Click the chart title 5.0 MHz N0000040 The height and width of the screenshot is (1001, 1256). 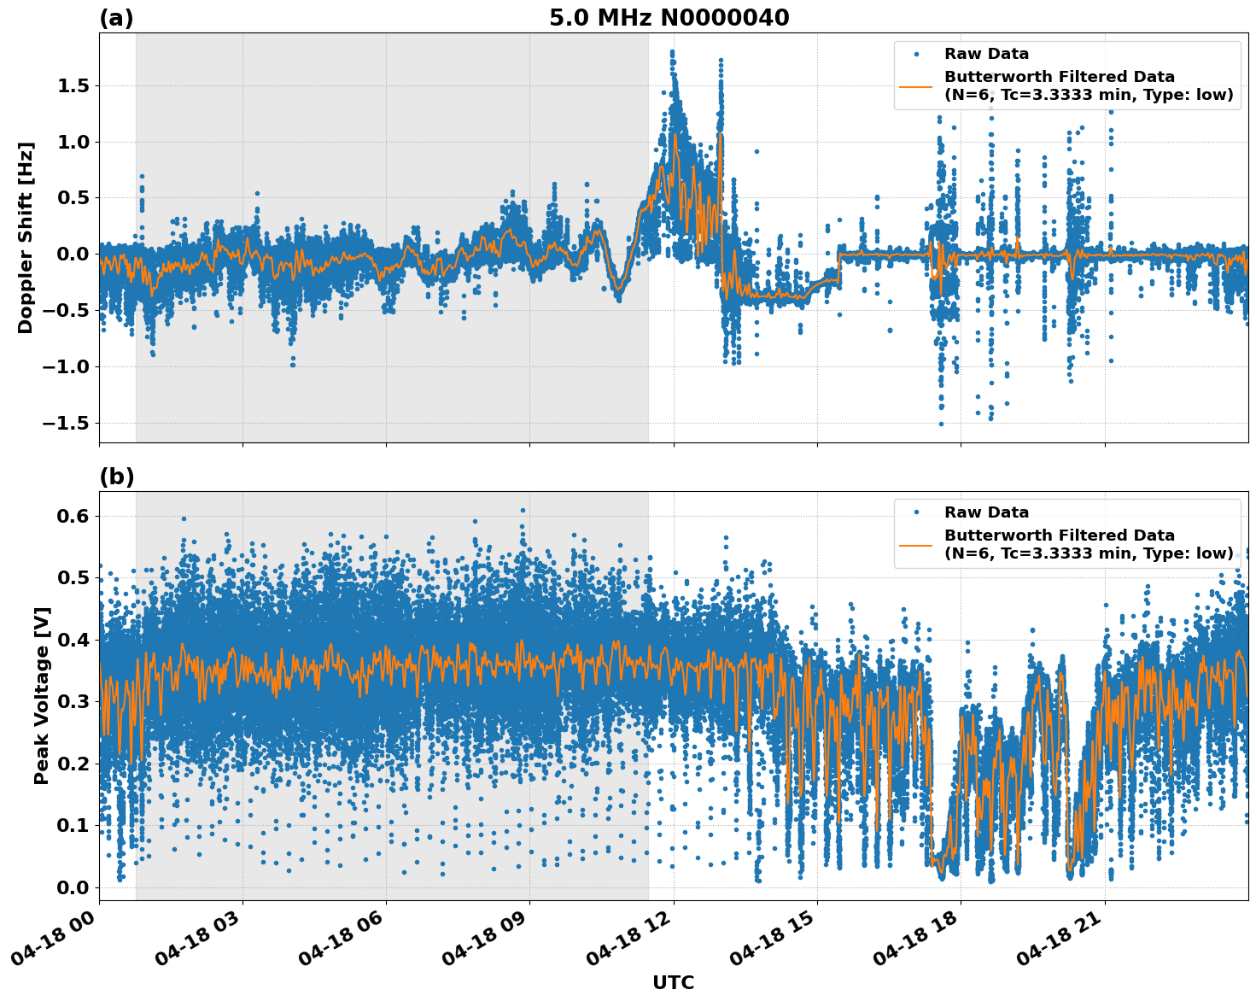tap(669, 18)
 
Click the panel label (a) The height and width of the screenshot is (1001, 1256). tap(116, 18)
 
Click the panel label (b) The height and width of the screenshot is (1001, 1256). tap(117, 477)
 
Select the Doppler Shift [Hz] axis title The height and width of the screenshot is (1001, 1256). tap(26, 237)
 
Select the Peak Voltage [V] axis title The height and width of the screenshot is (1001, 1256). tap(41, 695)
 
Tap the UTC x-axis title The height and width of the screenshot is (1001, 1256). tap(673, 982)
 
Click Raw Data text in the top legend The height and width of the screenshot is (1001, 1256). tap(986, 54)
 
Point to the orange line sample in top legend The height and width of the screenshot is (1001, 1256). tap(915, 85)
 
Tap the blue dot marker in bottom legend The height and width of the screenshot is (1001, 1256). tap(915, 512)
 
